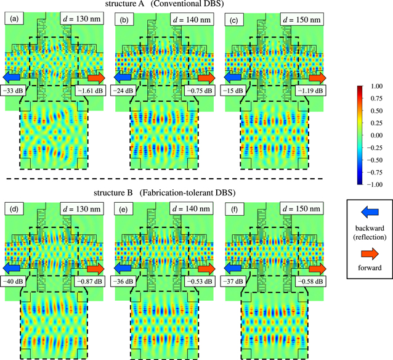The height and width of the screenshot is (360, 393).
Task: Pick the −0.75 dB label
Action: pyautogui.click(x=197, y=91)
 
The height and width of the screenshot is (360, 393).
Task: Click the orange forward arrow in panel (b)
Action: pyautogui.click(x=206, y=78)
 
